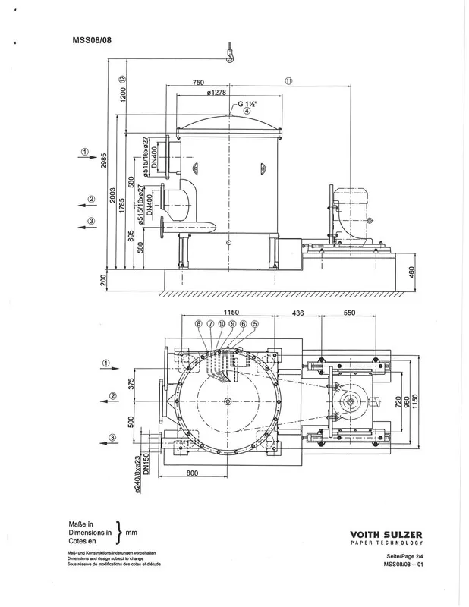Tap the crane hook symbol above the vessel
(228, 52)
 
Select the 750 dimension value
(198, 82)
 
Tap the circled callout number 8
(199, 324)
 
